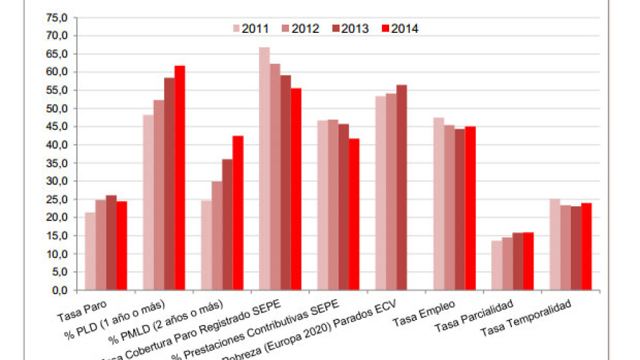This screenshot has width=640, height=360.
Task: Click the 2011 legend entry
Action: point(251,28)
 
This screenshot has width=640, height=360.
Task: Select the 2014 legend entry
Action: point(400,28)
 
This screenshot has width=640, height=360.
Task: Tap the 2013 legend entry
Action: point(350,28)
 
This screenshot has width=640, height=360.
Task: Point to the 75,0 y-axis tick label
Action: point(57,17)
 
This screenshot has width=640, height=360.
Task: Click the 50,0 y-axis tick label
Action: point(57,109)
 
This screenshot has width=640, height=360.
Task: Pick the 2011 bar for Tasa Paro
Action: point(90,251)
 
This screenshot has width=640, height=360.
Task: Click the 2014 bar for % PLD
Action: point(180,178)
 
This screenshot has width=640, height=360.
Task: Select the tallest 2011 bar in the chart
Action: point(264,169)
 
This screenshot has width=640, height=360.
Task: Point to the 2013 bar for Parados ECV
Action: point(401,187)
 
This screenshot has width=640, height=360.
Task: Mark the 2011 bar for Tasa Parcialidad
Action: point(496,266)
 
